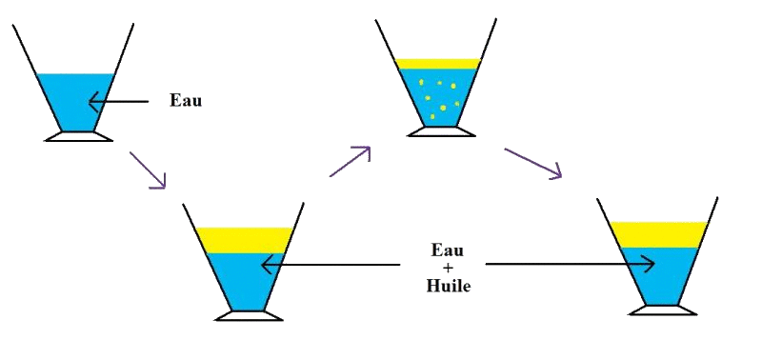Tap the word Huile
pos(447,284)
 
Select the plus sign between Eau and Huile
pos(447,268)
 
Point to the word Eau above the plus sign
pos(447,250)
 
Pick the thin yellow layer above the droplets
pos(438,64)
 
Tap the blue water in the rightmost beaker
pos(658,276)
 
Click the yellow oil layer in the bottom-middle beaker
pos(244,240)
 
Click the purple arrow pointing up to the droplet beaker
pos(350,161)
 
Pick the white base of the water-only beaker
pos(78,136)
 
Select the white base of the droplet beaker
pos(439,130)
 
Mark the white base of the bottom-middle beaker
pos(249,315)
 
